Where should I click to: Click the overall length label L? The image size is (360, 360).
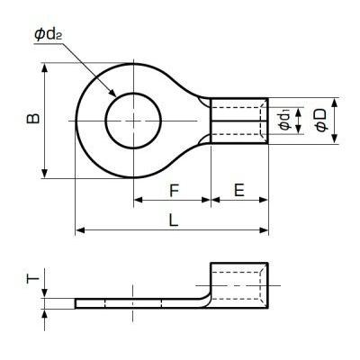172,219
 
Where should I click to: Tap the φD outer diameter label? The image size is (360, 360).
321,121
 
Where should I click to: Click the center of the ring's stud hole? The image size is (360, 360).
133,120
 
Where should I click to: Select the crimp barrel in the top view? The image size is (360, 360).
238,120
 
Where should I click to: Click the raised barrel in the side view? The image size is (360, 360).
238,283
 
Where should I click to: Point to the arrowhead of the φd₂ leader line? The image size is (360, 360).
113,94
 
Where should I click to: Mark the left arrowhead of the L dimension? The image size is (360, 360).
78,231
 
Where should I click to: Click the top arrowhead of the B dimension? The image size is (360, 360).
43,66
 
